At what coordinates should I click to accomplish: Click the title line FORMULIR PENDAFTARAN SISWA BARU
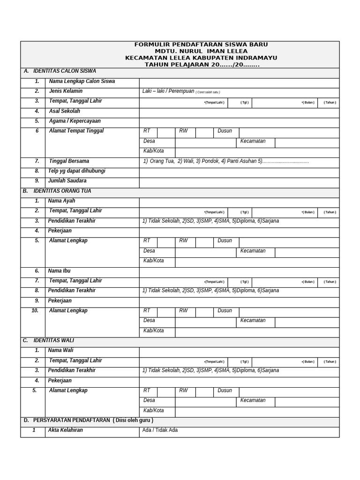tap(201, 45)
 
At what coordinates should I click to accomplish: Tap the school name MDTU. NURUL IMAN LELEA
tap(201, 51)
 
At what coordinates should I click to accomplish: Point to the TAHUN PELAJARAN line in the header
tap(202, 65)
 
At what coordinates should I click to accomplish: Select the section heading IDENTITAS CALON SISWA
tap(63, 71)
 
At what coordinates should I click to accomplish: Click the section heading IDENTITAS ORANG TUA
tap(62, 191)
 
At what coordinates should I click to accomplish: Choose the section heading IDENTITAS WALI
tap(53, 340)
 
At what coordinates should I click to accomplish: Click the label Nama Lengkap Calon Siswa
tap(82, 82)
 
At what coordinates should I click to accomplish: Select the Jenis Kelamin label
tap(66, 91)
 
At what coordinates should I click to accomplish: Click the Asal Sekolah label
tap(64, 112)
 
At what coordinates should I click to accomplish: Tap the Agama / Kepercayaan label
tap(75, 121)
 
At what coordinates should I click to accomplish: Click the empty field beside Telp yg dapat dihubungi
tap(239, 172)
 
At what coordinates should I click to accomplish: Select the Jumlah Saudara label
tap(67, 181)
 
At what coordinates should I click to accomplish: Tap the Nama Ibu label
tap(59, 271)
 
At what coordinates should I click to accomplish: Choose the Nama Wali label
tap(60, 351)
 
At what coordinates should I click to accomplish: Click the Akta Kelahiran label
tap(65, 430)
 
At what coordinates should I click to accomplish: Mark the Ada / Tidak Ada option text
tap(160, 430)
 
